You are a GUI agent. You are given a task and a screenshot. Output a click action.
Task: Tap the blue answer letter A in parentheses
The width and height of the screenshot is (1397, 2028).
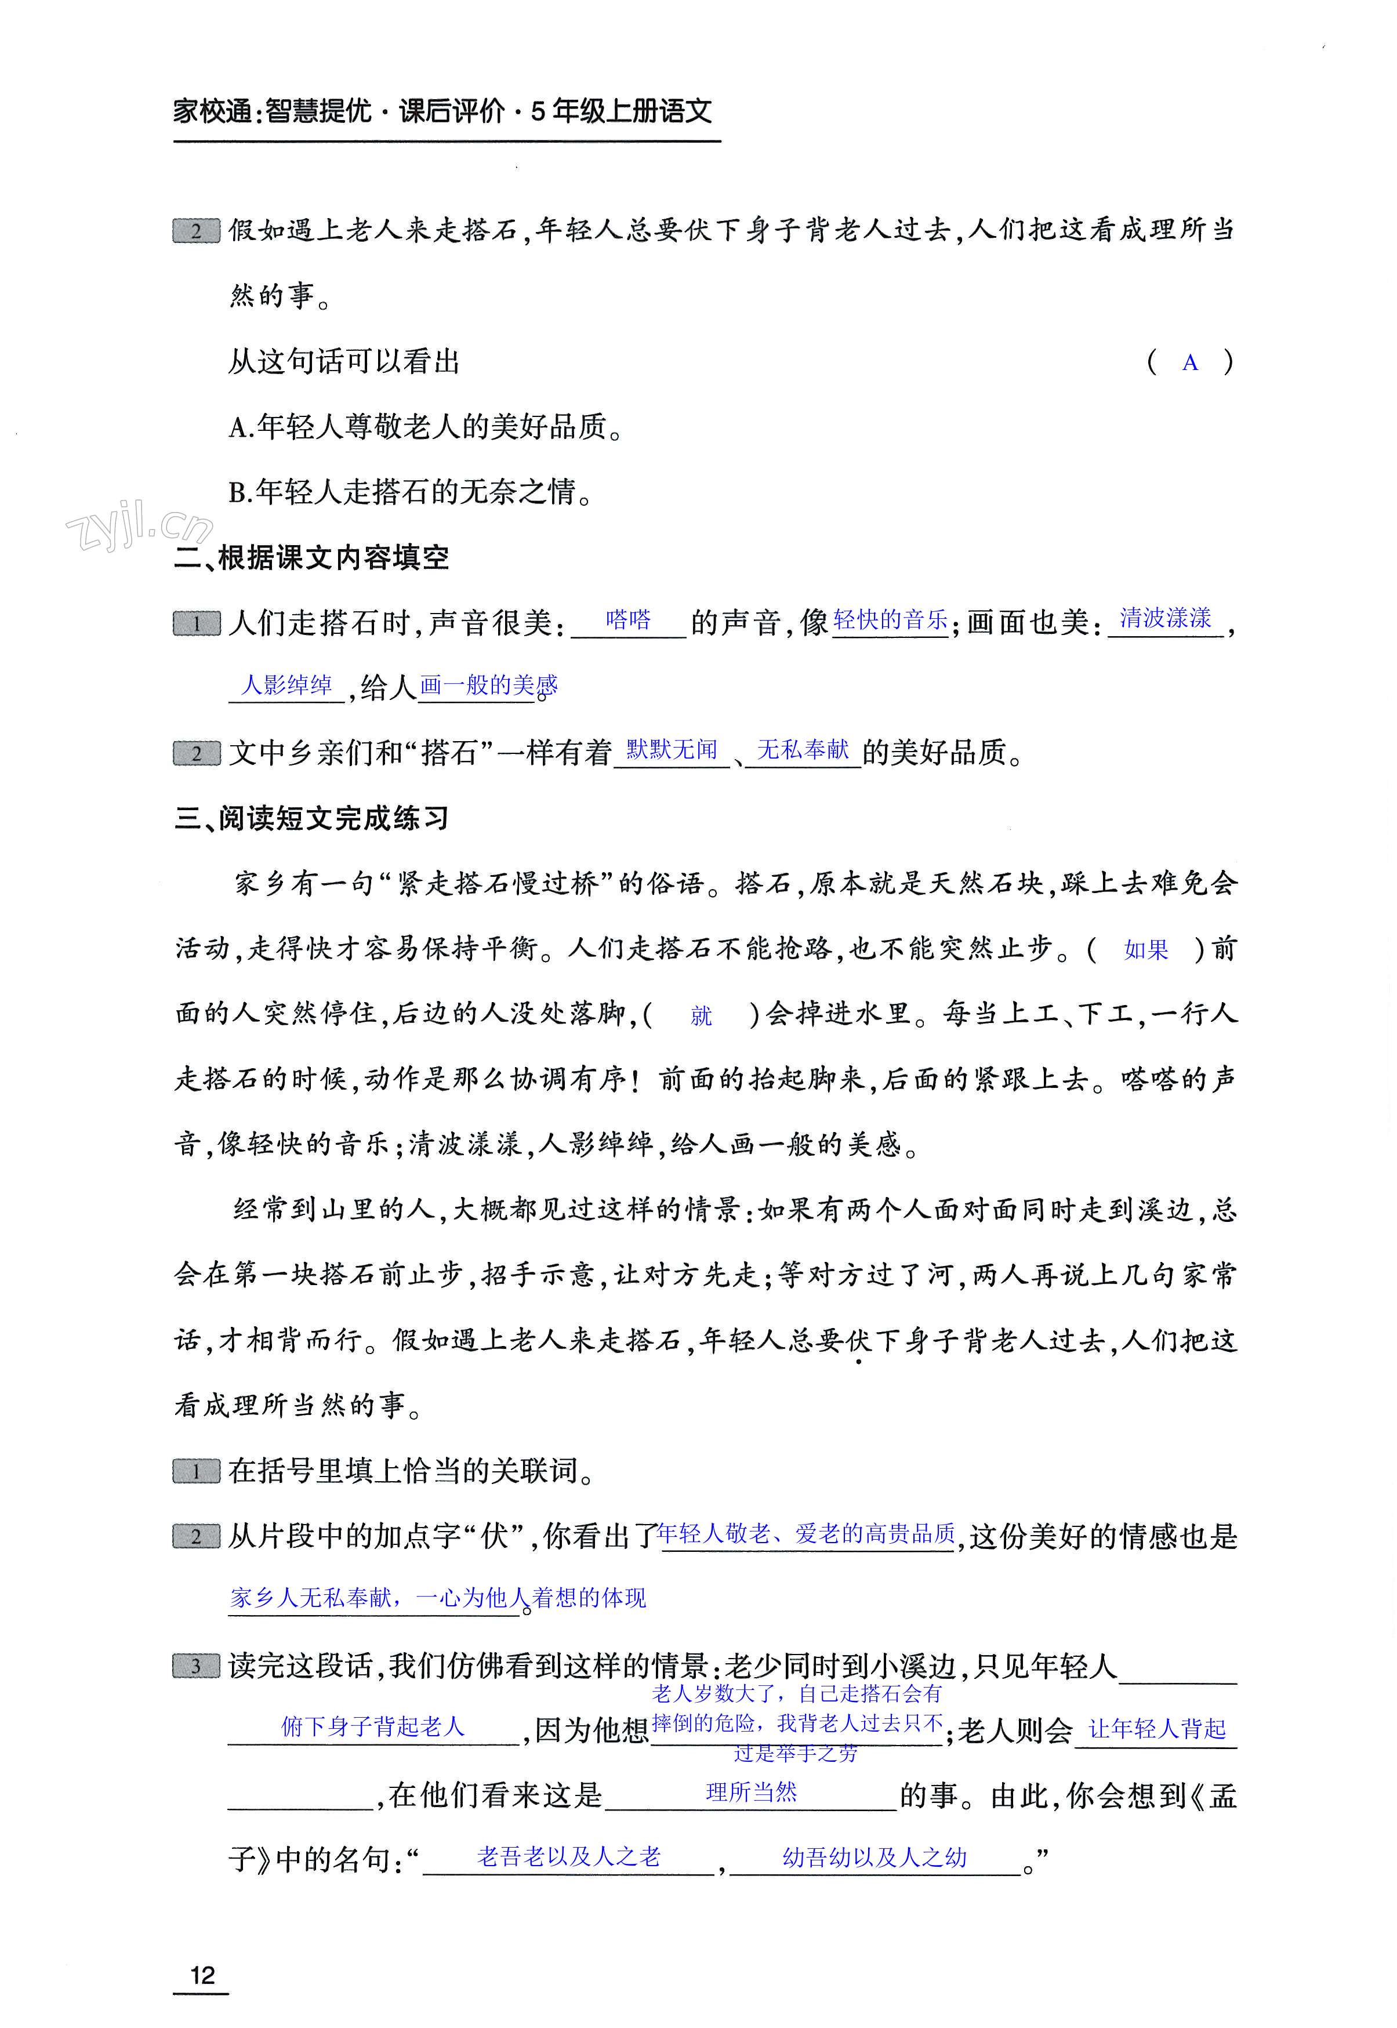[1189, 362]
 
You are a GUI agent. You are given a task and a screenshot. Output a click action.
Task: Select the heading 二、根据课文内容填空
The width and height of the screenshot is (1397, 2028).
[311, 557]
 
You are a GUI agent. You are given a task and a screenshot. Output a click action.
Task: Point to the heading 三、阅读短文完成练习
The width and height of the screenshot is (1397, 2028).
[311, 818]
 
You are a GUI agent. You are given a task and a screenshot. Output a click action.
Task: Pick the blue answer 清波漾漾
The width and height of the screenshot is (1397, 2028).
[1165, 618]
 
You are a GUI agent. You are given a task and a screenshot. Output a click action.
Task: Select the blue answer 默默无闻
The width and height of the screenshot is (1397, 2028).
[672, 749]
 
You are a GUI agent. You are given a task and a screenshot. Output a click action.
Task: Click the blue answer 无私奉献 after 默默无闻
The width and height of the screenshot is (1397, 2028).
[803, 749]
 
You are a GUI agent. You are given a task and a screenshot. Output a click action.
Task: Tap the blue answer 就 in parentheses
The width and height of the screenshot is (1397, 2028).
[701, 1015]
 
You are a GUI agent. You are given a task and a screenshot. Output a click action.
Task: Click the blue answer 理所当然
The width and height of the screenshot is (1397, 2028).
[751, 1791]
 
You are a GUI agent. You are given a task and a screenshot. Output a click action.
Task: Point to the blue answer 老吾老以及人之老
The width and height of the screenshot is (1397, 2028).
[568, 1856]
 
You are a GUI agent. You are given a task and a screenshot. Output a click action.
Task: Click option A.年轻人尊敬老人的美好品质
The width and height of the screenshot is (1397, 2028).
[426, 427]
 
